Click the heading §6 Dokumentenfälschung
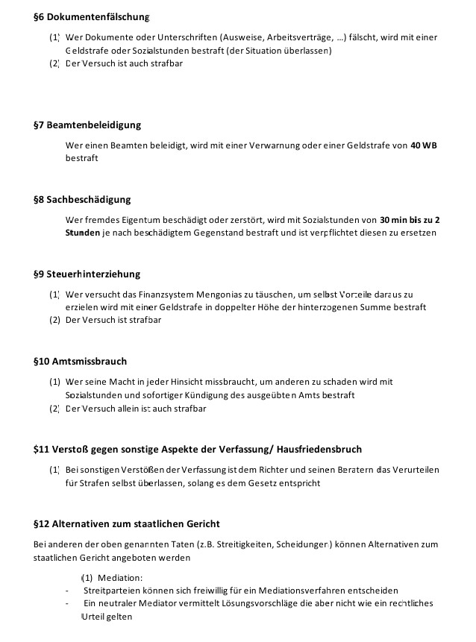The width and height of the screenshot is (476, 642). coord(92,16)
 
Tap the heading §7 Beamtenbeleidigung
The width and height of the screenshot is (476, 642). coord(87,125)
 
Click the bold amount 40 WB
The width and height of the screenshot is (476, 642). coord(424,145)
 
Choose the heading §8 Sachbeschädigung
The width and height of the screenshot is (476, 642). coord(82,199)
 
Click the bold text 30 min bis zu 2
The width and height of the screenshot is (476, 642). coord(410,220)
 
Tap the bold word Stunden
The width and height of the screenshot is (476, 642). coord(82,233)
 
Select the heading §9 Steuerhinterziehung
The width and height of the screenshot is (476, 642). coord(87,274)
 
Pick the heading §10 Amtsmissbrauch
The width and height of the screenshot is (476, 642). coord(80,361)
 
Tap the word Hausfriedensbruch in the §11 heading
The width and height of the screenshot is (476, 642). coord(319,449)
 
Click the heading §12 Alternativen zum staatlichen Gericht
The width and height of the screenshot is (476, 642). coord(127,523)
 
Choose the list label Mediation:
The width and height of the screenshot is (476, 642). coord(120,578)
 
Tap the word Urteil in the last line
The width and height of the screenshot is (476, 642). coord(94,617)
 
